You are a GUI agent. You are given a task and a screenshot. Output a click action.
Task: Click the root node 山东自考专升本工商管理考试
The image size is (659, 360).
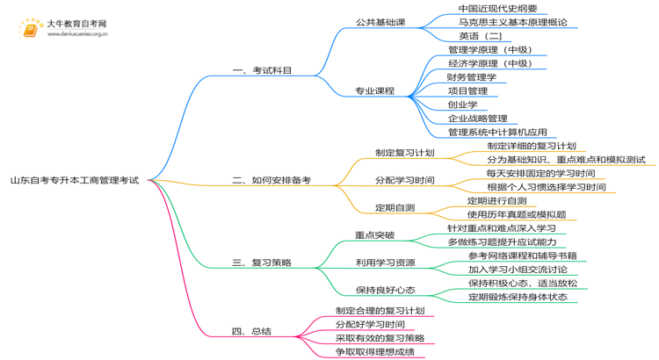tap(75, 180)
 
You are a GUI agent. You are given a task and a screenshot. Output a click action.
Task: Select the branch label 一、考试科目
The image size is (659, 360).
tap(262, 70)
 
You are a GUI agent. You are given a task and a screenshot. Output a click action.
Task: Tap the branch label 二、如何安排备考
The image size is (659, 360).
tap(272, 180)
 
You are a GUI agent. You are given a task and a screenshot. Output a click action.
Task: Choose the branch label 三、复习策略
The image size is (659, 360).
tap(262, 263)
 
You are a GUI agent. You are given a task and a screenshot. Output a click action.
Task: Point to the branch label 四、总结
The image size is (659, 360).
tap(251, 331)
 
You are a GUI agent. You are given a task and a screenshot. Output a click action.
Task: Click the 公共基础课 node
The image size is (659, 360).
tap(380, 22)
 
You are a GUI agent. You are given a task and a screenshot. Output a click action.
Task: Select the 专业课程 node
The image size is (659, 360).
tap(374, 90)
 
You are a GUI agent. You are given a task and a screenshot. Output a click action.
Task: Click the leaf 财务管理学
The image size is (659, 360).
tap(472, 77)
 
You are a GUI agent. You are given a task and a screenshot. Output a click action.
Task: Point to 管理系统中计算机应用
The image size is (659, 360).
tap(497, 133)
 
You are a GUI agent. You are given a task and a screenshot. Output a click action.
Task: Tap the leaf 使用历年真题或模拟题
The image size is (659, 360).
tap(517, 214)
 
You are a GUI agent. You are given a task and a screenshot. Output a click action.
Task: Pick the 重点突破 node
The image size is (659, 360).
tap(374, 235)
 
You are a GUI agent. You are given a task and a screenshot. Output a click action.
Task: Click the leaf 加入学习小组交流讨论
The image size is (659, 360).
tap(518, 270)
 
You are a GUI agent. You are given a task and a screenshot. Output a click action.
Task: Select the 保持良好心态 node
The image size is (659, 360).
tap(385, 290)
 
